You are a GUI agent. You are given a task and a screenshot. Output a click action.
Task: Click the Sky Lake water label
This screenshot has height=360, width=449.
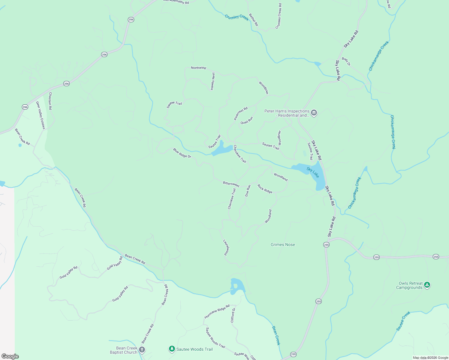(x=313, y=172)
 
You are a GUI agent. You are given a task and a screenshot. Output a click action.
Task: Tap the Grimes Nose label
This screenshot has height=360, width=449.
(x=283, y=244)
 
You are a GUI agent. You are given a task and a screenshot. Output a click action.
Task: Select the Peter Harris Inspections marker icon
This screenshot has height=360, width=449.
(x=314, y=113)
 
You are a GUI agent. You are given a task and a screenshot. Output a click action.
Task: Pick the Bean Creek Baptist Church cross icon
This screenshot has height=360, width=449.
(x=142, y=350)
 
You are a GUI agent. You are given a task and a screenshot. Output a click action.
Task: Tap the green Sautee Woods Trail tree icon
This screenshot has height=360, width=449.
(x=172, y=349)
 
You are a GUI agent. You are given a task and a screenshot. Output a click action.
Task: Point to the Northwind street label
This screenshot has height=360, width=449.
(x=198, y=68)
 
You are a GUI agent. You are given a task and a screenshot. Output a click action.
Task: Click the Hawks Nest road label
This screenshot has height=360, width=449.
(x=212, y=81)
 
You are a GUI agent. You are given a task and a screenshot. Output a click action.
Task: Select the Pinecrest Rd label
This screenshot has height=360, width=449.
(x=241, y=114)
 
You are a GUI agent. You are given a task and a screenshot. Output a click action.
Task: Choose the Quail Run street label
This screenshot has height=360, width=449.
(x=247, y=121)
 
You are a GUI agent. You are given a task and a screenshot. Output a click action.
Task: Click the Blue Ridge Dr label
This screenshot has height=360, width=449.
(x=182, y=153)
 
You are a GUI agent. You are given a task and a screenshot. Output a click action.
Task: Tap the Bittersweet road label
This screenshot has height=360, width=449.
(x=231, y=184)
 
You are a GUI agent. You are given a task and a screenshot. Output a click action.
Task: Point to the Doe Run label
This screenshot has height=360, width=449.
(x=248, y=191)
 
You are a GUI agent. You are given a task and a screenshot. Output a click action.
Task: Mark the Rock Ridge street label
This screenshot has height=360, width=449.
(x=265, y=189)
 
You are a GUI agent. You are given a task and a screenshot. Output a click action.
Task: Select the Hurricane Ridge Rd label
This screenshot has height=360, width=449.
(x=217, y=311)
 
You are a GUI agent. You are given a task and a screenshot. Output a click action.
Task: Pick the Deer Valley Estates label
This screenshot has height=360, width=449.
(x=40, y=115)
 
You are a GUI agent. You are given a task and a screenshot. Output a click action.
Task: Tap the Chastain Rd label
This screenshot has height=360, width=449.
(x=50, y=101)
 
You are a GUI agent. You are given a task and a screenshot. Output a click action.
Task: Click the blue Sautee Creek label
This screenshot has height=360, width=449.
(x=403, y=321)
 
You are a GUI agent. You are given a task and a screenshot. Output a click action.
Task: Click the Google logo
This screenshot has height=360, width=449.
(x=10, y=356)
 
